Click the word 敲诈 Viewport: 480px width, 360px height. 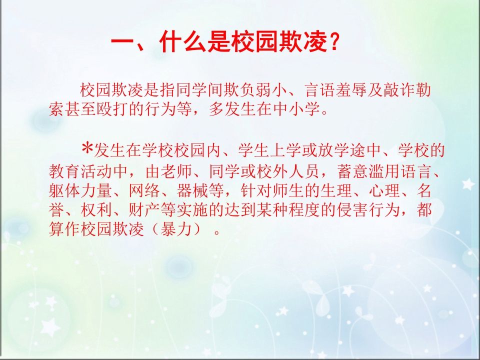tap(397, 91)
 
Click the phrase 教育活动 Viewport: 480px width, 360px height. tap(79, 171)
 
